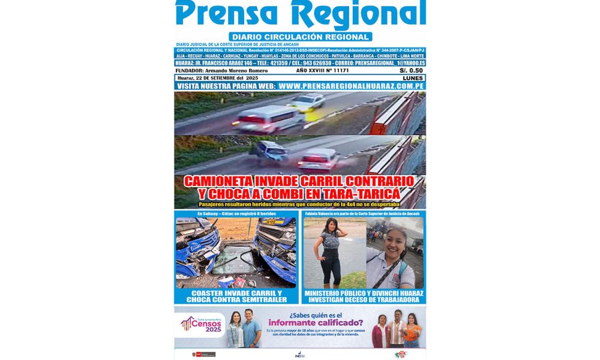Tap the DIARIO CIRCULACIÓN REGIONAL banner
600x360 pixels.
pyautogui.click(x=300, y=37)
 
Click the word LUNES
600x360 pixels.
pyautogui.click(x=413, y=79)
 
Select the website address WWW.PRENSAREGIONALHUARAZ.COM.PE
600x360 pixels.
pyautogui.click(x=352, y=86)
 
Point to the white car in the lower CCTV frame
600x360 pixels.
pyautogui.click(x=318, y=160)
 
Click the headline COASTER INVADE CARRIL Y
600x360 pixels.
pyautogui.click(x=235, y=293)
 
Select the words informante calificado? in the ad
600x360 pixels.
pyautogui.click(x=312, y=322)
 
